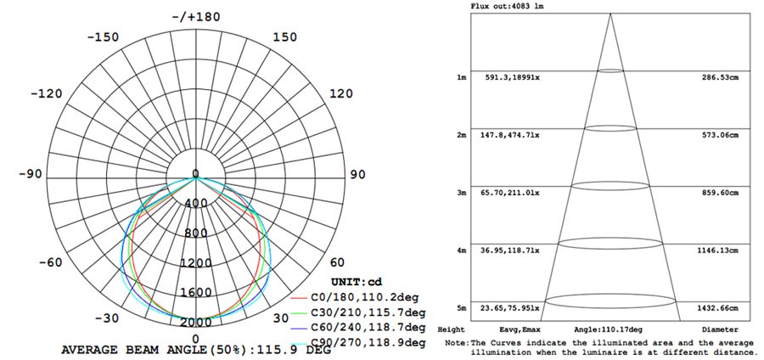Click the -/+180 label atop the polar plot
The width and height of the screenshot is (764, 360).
[196, 17]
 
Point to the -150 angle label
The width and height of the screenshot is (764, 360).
[103, 37]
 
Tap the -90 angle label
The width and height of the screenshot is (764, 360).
[31, 174]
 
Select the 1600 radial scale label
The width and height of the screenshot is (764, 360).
[196, 293]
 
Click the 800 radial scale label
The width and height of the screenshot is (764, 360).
[196, 233]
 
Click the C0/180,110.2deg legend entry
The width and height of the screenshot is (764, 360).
[364, 297]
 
